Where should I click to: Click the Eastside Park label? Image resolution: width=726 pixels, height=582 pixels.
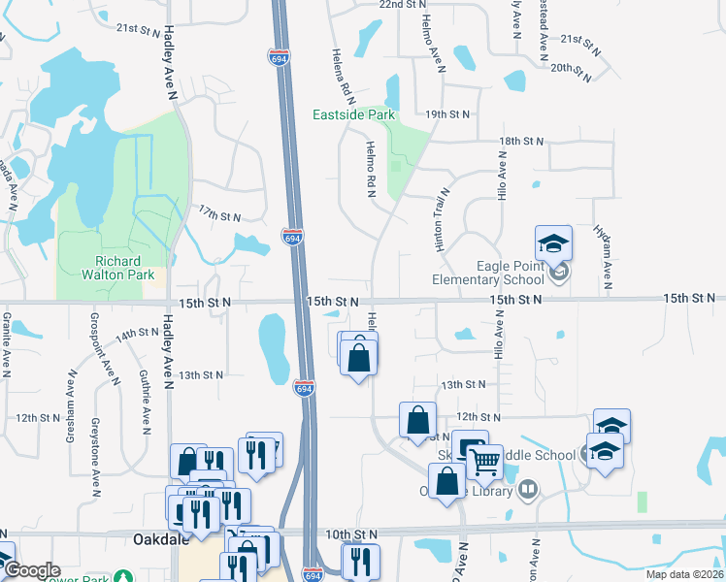(x=353, y=114)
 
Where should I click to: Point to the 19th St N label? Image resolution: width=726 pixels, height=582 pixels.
(x=446, y=114)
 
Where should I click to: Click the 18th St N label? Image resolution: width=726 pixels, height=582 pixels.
(x=523, y=142)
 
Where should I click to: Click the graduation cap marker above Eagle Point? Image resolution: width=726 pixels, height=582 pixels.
(x=553, y=242)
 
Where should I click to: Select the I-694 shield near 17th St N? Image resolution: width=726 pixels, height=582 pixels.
(x=290, y=236)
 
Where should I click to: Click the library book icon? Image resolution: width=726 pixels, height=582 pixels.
(x=528, y=488)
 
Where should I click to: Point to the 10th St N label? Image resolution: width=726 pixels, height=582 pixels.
(x=350, y=534)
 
